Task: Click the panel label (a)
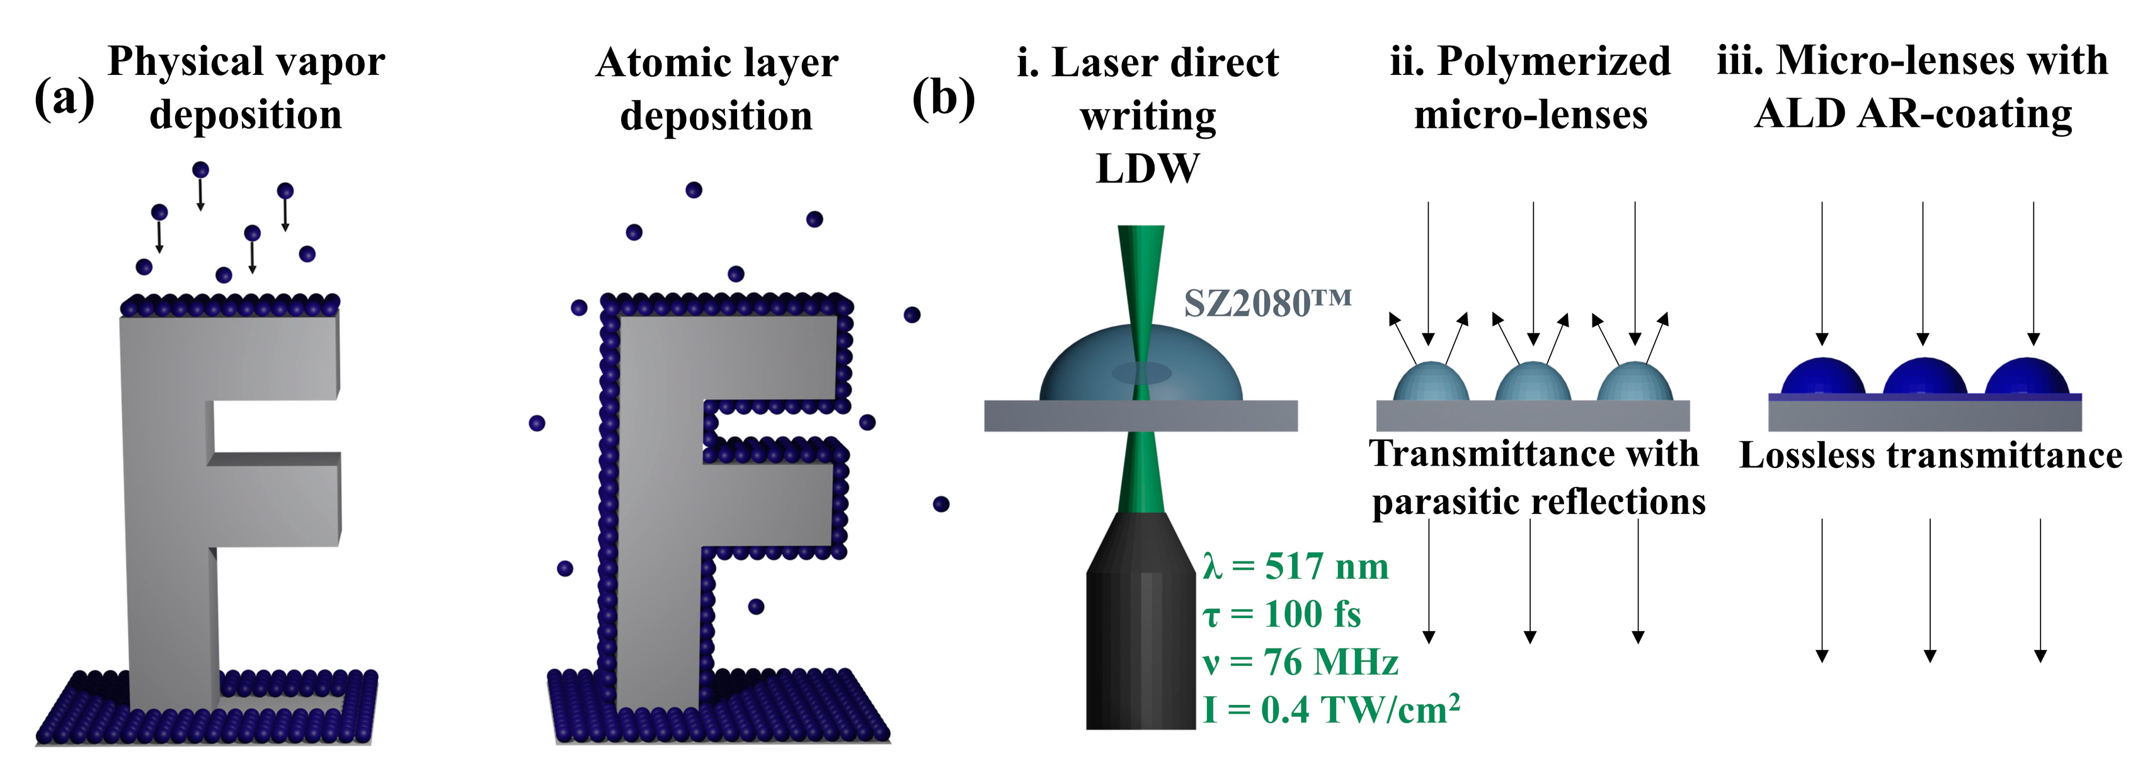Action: [x=64, y=101]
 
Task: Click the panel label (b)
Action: [x=943, y=100]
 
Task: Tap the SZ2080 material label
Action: [x=1267, y=303]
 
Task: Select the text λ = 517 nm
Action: [x=1295, y=567]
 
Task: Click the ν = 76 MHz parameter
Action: [x=1300, y=663]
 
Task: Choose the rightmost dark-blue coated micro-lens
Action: [x=2027, y=378]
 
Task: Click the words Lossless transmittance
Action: [x=1930, y=457]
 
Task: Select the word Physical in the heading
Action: [x=185, y=62]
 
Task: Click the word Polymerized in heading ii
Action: [x=1554, y=62]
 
